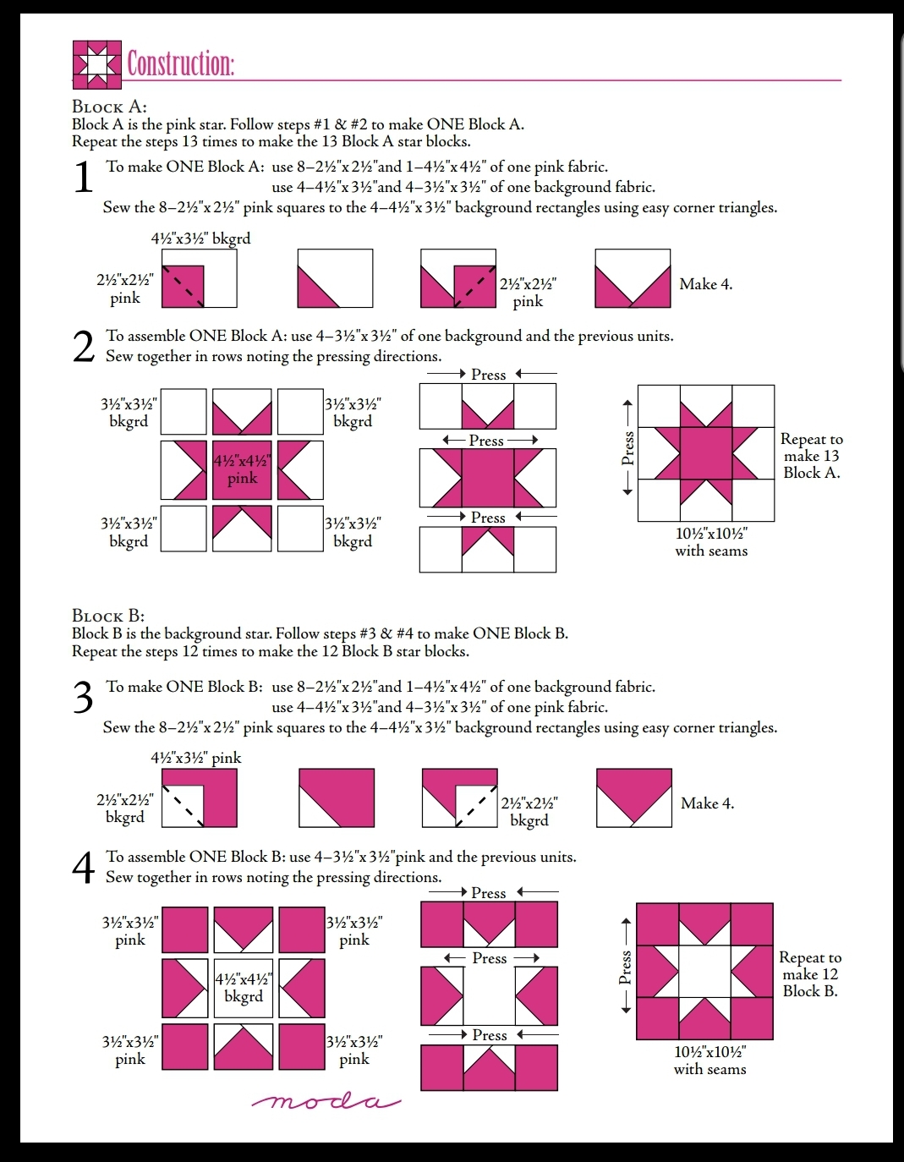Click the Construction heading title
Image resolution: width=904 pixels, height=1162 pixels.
coord(180,63)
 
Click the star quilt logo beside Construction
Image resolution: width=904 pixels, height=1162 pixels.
coord(97,64)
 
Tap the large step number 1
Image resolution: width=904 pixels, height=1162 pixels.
coord(83,178)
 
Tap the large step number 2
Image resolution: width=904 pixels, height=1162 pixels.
coord(83,347)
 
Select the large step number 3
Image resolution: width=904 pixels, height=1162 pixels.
coord(83,698)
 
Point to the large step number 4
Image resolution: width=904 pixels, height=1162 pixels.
coord(83,868)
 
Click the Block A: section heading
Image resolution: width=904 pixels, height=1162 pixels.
coord(109,107)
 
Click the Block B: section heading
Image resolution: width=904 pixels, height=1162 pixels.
coord(108,616)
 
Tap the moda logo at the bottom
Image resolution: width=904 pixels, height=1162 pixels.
coord(326,1101)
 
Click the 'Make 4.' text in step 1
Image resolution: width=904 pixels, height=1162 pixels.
coord(705,284)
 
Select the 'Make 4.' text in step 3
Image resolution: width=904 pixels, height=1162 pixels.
coord(707,803)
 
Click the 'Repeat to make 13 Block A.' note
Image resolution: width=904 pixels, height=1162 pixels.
coord(811,456)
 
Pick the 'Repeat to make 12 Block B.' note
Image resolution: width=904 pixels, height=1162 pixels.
coord(810,974)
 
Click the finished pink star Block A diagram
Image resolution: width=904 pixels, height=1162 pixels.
coord(706,453)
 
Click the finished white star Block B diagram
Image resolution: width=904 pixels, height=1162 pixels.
coord(704,972)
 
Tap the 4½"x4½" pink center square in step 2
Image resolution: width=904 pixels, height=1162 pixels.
coord(242,469)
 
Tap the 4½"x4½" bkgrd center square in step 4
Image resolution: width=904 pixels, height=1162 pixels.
coord(244,988)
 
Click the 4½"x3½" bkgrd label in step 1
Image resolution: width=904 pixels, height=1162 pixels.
coord(200,238)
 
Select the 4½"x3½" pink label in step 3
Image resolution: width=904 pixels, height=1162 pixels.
coord(195,758)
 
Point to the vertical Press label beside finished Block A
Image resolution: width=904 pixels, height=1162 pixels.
coord(627,448)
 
